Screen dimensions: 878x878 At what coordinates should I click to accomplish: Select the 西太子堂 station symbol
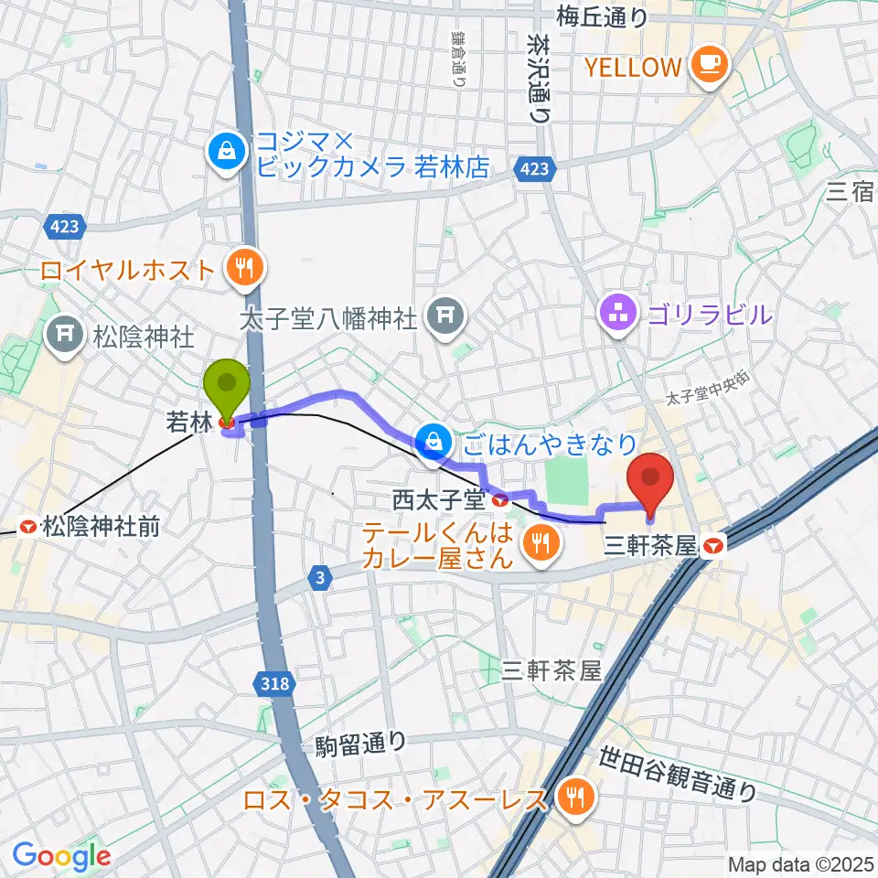click(x=499, y=500)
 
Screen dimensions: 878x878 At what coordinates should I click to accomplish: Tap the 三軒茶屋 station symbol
click(x=715, y=547)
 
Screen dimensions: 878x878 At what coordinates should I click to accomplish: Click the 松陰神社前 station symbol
click(x=27, y=527)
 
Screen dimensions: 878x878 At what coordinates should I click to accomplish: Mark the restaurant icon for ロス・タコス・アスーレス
click(x=574, y=799)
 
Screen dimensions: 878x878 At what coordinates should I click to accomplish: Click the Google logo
click(x=61, y=856)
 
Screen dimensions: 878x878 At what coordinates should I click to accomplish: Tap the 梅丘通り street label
click(x=601, y=16)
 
